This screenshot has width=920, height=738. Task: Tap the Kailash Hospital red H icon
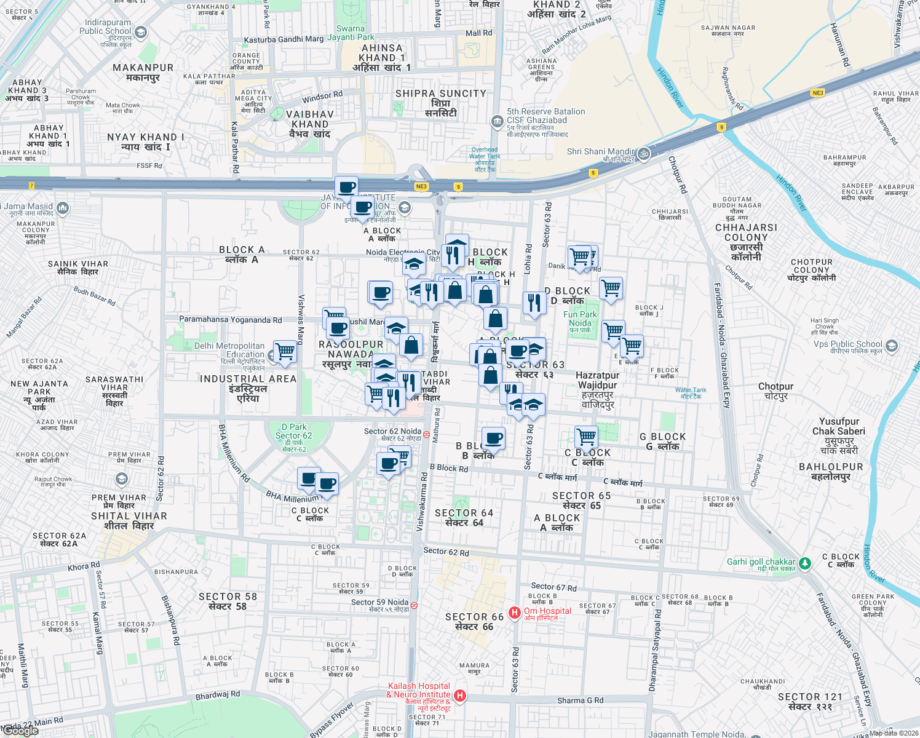[459, 696]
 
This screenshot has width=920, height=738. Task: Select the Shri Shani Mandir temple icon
[644, 153]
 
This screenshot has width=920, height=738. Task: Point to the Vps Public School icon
[892, 346]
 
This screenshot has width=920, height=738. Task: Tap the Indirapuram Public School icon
[141, 33]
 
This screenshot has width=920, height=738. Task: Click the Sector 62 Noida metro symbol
[427, 434]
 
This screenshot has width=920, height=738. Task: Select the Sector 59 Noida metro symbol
[414, 605]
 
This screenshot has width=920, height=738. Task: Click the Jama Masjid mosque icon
[62, 207]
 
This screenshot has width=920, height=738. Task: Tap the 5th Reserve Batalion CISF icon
[497, 121]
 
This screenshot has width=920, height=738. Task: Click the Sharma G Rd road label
[580, 700]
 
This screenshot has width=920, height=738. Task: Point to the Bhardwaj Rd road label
[218, 696]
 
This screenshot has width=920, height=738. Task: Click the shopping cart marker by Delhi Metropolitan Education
[285, 352]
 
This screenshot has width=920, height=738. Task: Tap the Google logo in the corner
[21, 731]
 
